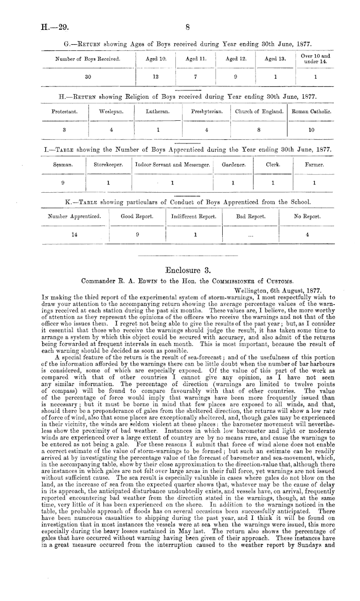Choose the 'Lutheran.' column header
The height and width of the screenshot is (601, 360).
pos(155,112)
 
